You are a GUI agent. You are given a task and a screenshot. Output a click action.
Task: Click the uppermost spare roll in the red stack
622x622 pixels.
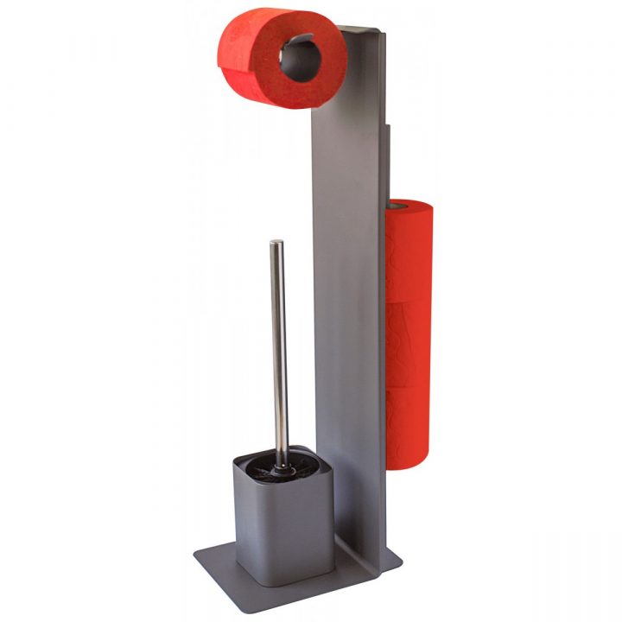click(410, 251)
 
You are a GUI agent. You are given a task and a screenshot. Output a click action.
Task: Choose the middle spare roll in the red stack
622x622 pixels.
click(410, 341)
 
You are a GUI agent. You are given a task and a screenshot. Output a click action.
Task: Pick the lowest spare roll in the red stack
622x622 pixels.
click(410, 428)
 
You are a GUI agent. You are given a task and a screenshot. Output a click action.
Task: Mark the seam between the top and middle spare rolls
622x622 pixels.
click(410, 298)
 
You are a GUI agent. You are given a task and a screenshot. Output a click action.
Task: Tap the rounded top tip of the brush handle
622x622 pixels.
click(276, 244)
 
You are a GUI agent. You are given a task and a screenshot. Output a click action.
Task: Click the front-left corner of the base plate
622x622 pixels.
click(198, 565)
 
